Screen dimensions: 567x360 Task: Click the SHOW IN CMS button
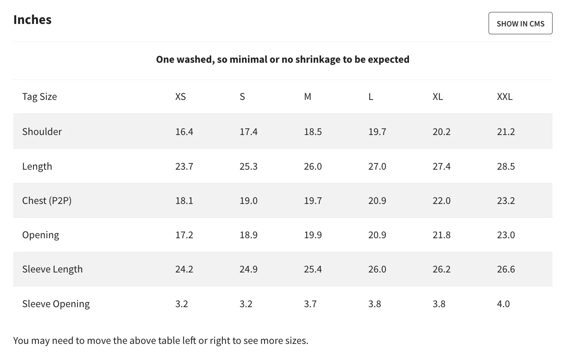coord(520,23)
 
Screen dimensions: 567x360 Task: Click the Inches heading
coord(33,19)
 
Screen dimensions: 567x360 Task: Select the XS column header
coord(180,97)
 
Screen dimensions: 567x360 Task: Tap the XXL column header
coord(504,97)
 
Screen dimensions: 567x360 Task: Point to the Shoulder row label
coord(42,131)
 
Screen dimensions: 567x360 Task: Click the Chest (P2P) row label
coord(47,201)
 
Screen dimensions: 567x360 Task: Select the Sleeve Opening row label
coord(56,304)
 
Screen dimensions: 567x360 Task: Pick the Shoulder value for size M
coord(313,132)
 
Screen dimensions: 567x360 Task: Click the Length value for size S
coord(248,166)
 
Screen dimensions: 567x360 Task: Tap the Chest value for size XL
coord(442,201)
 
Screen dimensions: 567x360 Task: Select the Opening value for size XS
coord(184,235)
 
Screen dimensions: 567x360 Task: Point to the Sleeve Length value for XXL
coord(506,269)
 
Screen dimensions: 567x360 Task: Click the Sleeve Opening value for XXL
coord(503,304)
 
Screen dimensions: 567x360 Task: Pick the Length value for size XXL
coord(506,166)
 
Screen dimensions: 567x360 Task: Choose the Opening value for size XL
coord(442,235)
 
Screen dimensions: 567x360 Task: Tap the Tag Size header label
coord(40,97)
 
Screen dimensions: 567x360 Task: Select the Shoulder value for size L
coord(377,132)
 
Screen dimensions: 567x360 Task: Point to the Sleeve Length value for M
coord(313,269)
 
